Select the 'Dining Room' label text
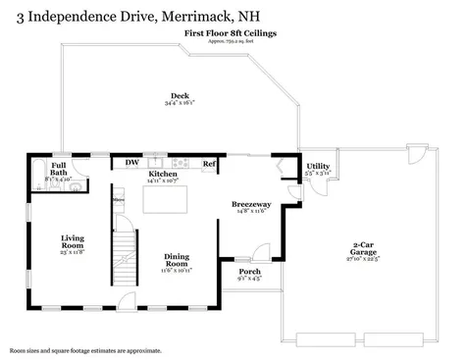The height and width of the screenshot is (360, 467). coord(177,260)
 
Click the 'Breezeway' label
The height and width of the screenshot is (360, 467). coord(251,205)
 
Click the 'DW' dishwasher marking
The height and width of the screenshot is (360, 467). coord(130,162)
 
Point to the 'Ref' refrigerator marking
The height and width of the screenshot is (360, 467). coord(208,163)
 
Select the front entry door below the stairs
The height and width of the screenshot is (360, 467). coord(125,299)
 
